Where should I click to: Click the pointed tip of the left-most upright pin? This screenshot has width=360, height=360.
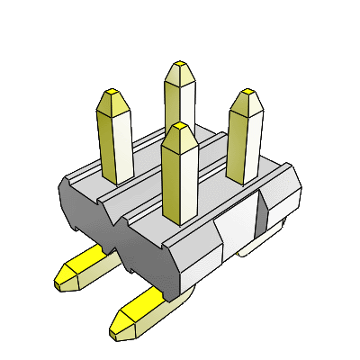[115, 95]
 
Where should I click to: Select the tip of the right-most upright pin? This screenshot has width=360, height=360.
[246, 95]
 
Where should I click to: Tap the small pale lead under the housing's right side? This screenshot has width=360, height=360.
[261, 241]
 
